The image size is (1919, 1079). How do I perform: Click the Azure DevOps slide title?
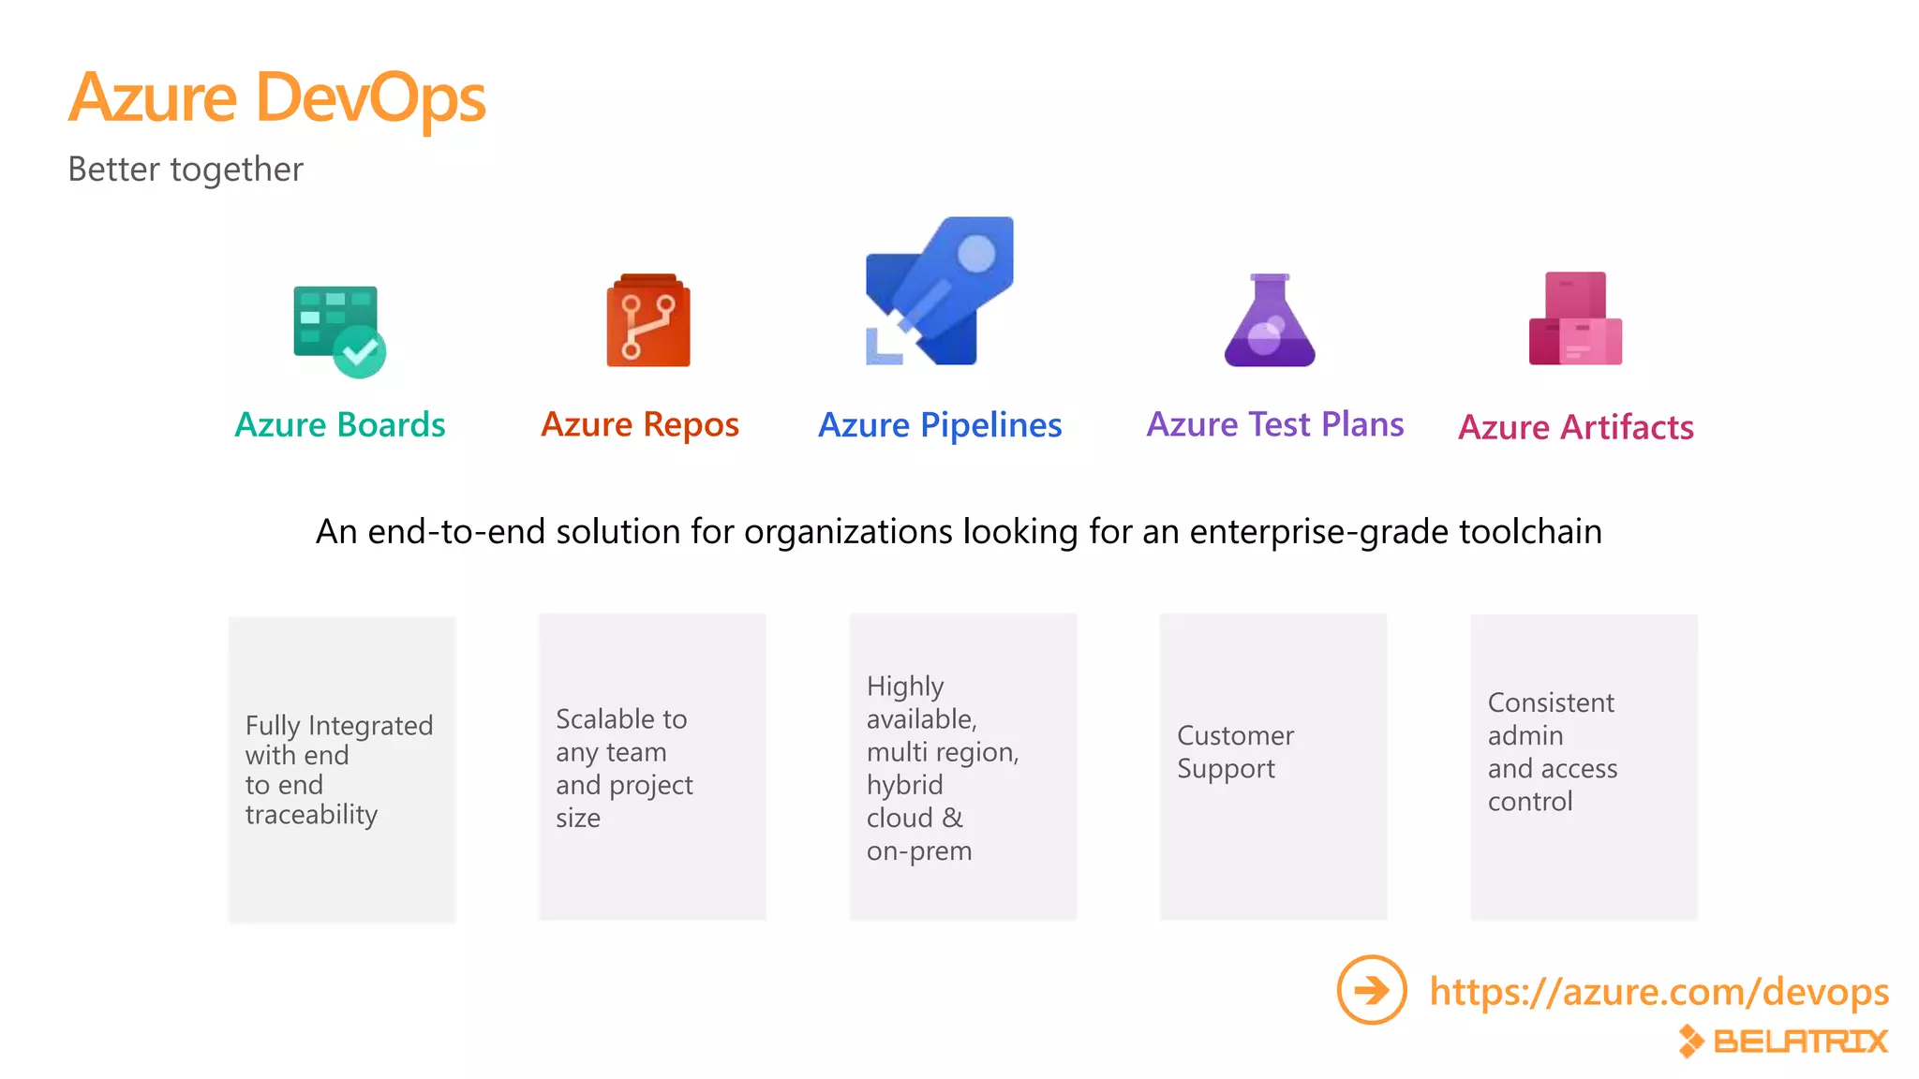pyautogui.click(x=277, y=97)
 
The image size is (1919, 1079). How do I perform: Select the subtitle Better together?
pyautogui.click(x=186, y=170)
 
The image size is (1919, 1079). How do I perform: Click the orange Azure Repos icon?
pyautogui.click(x=648, y=320)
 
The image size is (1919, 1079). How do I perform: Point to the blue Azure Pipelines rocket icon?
pyautogui.click(x=940, y=291)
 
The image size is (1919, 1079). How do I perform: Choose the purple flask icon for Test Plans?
pyautogui.click(x=1270, y=320)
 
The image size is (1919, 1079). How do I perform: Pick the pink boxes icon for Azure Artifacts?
pyautogui.click(x=1575, y=318)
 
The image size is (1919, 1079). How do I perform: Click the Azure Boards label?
pyautogui.click(x=340, y=424)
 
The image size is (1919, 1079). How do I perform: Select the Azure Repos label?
pyautogui.click(x=640, y=424)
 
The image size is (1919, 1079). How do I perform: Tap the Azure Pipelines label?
pyautogui.click(x=940, y=425)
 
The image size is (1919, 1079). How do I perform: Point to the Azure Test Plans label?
pyautogui.click(x=1275, y=424)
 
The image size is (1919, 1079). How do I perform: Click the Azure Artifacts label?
pyautogui.click(x=1576, y=427)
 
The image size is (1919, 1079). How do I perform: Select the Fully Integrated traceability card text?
pyautogui.click(x=339, y=769)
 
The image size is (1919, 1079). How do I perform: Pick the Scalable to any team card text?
pyautogui.click(x=624, y=768)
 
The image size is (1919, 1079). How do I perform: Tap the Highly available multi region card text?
pyautogui.click(x=943, y=768)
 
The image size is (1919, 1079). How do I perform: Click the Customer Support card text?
pyautogui.click(x=1235, y=752)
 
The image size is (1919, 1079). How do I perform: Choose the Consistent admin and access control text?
pyautogui.click(x=1553, y=752)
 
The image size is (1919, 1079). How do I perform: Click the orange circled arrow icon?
pyautogui.click(x=1372, y=990)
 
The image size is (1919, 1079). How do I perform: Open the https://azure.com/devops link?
pyautogui.click(x=1659, y=991)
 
